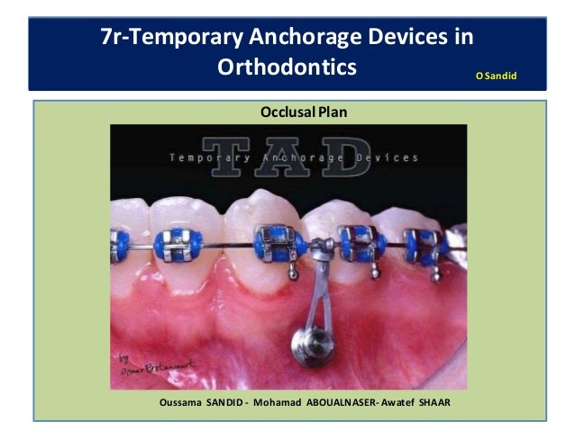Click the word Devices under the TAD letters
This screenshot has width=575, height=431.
385,157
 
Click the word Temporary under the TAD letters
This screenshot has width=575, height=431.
210,157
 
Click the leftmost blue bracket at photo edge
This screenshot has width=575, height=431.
119,242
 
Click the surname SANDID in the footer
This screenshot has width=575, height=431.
226,401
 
